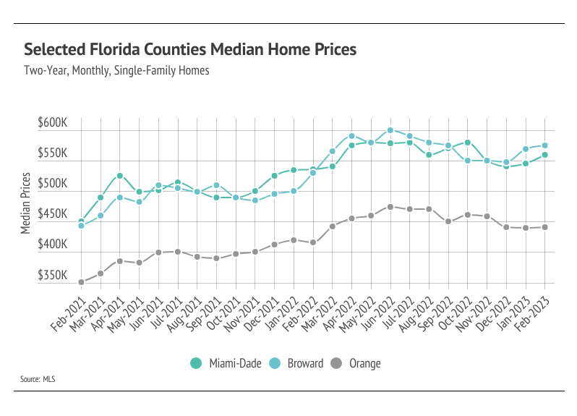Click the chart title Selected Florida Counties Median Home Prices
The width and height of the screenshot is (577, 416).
click(x=190, y=50)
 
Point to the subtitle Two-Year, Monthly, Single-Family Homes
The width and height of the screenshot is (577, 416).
click(x=116, y=71)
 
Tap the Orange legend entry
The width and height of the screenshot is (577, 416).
click(x=357, y=363)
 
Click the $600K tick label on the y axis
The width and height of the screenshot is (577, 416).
click(x=52, y=124)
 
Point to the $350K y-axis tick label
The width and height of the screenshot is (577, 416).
click(x=52, y=276)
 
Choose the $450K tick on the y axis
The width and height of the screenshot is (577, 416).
click(x=52, y=215)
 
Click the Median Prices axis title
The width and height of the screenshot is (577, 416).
click(x=25, y=203)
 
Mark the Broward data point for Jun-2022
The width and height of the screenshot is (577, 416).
click(x=390, y=131)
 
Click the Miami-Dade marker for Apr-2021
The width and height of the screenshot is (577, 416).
click(x=120, y=176)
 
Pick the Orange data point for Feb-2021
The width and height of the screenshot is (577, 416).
click(x=81, y=282)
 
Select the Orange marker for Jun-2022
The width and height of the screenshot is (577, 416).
click(x=390, y=207)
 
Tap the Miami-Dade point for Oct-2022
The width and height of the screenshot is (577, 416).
click(x=468, y=143)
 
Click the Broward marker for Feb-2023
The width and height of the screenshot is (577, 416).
click(x=545, y=145)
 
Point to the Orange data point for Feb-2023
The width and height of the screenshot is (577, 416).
click(x=545, y=227)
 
